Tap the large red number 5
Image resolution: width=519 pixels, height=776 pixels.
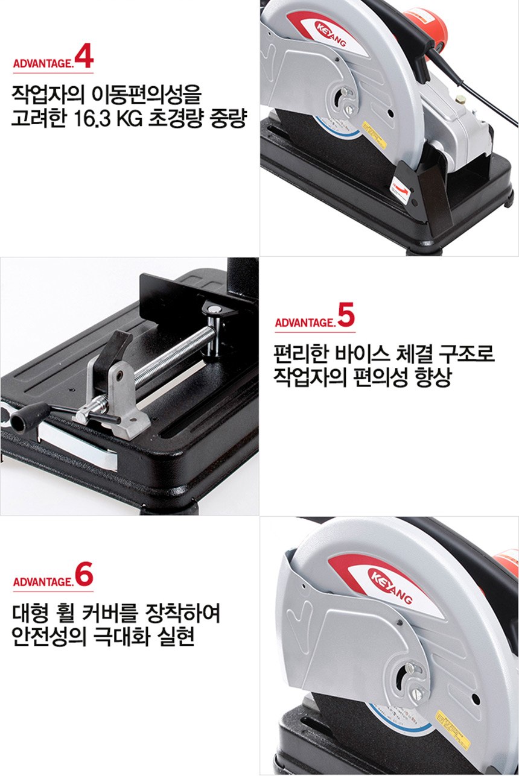(x=346, y=315)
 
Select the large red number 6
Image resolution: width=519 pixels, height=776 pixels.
(x=84, y=575)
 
